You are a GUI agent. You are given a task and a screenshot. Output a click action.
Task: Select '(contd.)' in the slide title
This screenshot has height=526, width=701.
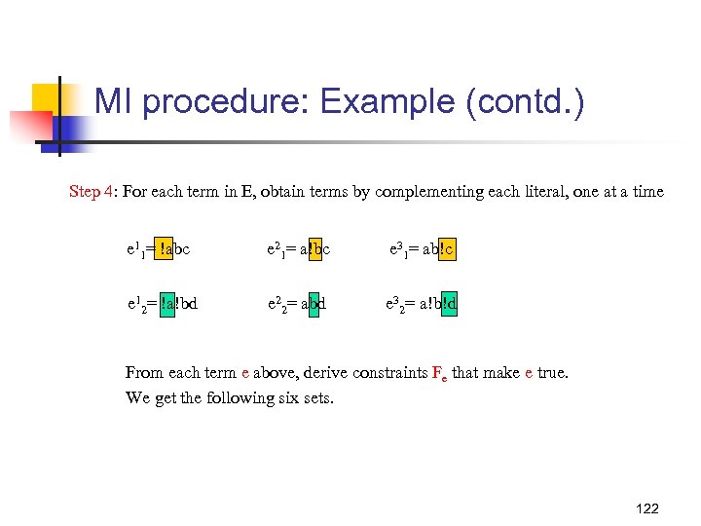(526, 102)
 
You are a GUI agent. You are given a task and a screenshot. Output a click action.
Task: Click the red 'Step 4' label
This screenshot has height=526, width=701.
(91, 192)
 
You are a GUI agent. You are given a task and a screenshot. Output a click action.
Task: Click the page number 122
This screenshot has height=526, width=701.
(646, 508)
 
